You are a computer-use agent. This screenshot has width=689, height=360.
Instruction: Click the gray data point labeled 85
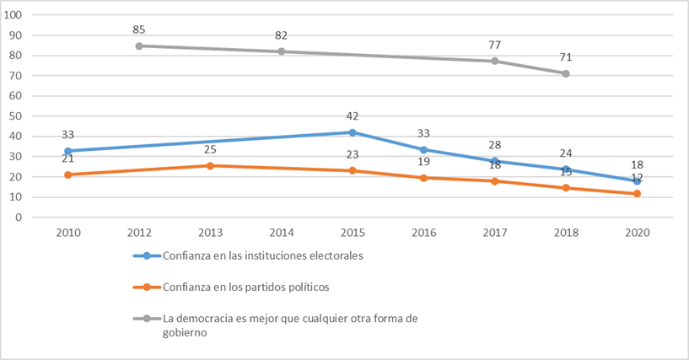pyautogui.click(x=139, y=46)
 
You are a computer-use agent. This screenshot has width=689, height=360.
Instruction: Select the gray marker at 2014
pyautogui.click(x=282, y=51)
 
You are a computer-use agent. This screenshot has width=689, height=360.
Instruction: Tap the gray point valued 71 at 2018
pyautogui.click(x=566, y=73)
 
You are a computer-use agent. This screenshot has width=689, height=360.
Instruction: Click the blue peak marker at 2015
pyautogui.click(x=353, y=132)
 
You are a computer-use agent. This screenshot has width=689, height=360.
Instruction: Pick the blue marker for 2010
pyautogui.click(x=68, y=151)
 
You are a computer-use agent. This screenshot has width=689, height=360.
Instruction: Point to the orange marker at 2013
pyautogui.click(x=210, y=165)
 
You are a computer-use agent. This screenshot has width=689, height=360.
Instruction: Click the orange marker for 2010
pyautogui.click(x=68, y=175)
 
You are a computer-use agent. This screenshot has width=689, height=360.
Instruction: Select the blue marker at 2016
pyautogui.click(x=423, y=150)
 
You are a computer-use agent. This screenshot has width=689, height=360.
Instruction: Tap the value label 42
pyautogui.click(x=353, y=117)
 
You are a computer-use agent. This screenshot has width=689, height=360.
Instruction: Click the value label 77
pyautogui.click(x=495, y=45)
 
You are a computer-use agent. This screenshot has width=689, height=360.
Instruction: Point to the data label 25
pyautogui.click(x=210, y=150)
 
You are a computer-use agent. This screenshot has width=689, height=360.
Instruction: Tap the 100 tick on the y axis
pyautogui.click(x=15, y=15)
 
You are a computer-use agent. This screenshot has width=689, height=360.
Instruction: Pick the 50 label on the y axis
pyautogui.click(x=18, y=116)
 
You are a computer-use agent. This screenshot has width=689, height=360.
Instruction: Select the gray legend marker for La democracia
pyautogui.click(x=146, y=318)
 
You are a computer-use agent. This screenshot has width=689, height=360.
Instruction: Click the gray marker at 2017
pyautogui.click(x=495, y=61)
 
